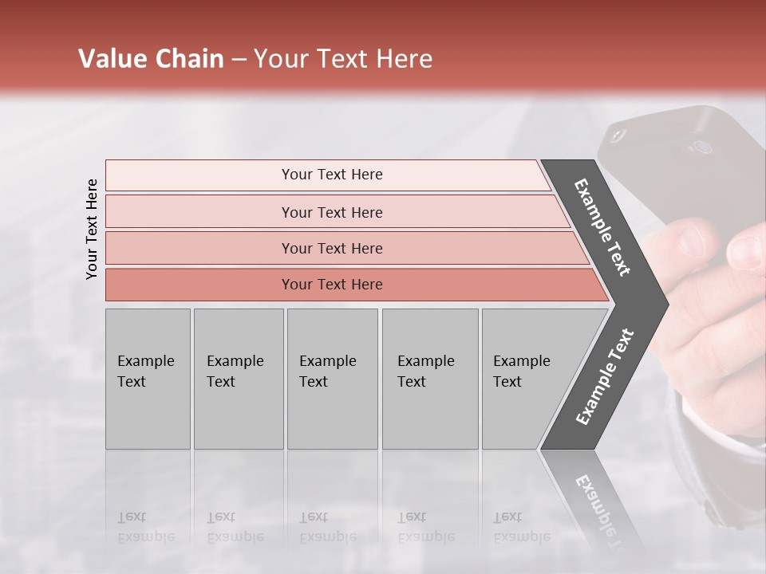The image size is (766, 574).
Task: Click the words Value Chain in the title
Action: point(151,59)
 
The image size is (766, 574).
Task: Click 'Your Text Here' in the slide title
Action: point(343,59)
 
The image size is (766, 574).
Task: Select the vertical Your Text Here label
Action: point(92,229)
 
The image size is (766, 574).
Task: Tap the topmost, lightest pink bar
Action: point(332,175)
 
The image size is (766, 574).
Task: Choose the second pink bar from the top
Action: point(332,212)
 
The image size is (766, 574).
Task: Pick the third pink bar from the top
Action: point(332,248)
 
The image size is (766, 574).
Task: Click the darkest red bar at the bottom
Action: point(332,285)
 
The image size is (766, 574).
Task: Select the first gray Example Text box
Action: point(148,379)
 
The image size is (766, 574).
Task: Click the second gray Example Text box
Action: point(238,379)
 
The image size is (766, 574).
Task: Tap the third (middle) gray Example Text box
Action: point(332,379)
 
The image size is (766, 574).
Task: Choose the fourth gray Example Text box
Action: point(429,379)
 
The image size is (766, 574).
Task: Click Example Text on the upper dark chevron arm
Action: point(602,227)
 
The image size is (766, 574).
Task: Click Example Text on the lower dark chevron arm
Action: point(604,377)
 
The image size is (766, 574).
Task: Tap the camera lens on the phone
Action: point(702,147)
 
